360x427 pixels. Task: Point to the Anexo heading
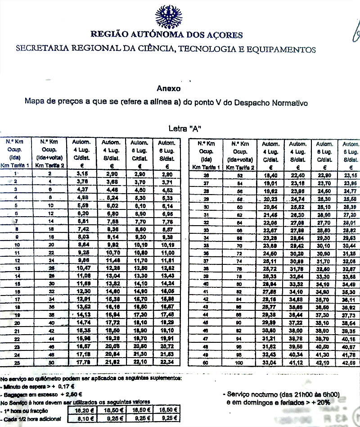[168, 88]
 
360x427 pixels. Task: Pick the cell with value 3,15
[82, 173]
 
